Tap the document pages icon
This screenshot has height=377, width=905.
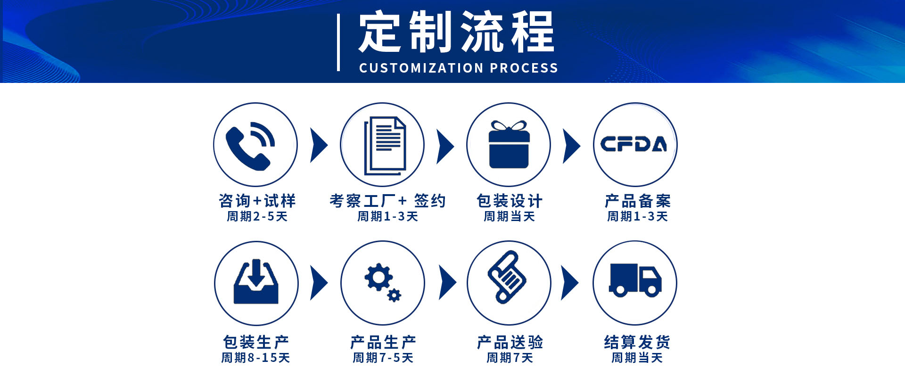tap(385, 145)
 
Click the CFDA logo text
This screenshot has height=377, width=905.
tap(634, 144)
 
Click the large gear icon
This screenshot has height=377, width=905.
tap(378, 278)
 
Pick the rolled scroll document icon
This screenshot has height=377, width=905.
tap(507, 277)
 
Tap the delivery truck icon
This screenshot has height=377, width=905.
tap(635, 280)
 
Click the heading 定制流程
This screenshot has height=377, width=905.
tap(456, 32)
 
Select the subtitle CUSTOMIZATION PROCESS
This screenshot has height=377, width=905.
tap(459, 68)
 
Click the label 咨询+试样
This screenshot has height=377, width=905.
tap(257, 201)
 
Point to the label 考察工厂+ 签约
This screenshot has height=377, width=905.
tap(387, 201)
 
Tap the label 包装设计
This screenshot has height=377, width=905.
tap(510, 201)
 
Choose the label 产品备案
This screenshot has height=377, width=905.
tap(637, 201)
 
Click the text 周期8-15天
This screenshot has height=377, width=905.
tap(255, 358)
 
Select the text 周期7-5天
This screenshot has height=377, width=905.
tap(383, 358)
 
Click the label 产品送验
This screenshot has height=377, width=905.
tap(510, 342)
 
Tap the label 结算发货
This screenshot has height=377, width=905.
tap(637, 342)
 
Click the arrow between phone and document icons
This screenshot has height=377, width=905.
tap(319, 145)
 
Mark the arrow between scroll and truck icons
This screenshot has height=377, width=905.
tap(569, 283)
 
